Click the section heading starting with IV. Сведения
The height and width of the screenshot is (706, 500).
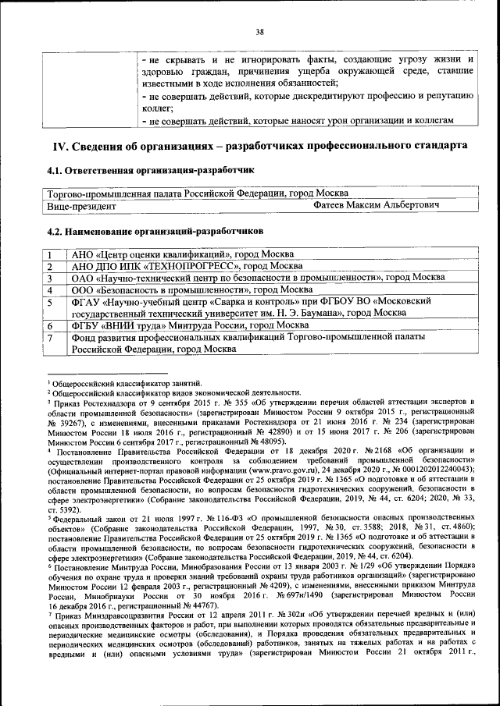click(260, 146)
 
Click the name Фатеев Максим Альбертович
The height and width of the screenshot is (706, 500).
click(375, 205)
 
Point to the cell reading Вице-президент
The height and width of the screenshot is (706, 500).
click(81, 206)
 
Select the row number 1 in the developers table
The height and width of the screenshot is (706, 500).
click(49, 254)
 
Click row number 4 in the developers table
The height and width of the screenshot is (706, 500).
click(49, 289)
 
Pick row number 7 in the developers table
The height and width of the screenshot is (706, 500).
click(49, 338)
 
